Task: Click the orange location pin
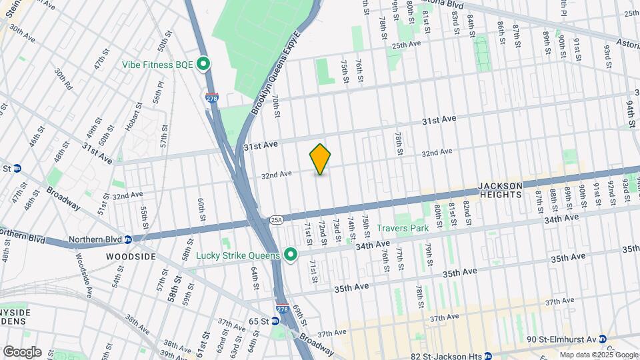point(320,159)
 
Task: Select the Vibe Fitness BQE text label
point(157,65)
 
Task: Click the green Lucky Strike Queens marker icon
point(290,255)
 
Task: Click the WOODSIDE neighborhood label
point(130,256)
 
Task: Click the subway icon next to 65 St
point(276,321)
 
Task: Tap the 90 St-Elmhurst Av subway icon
point(602,339)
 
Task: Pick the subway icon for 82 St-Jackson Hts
point(487,356)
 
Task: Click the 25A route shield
point(277,219)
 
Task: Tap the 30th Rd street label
point(63,80)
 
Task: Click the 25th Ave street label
point(407,45)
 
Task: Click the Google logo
point(22,352)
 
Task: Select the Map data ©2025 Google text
point(597,354)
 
